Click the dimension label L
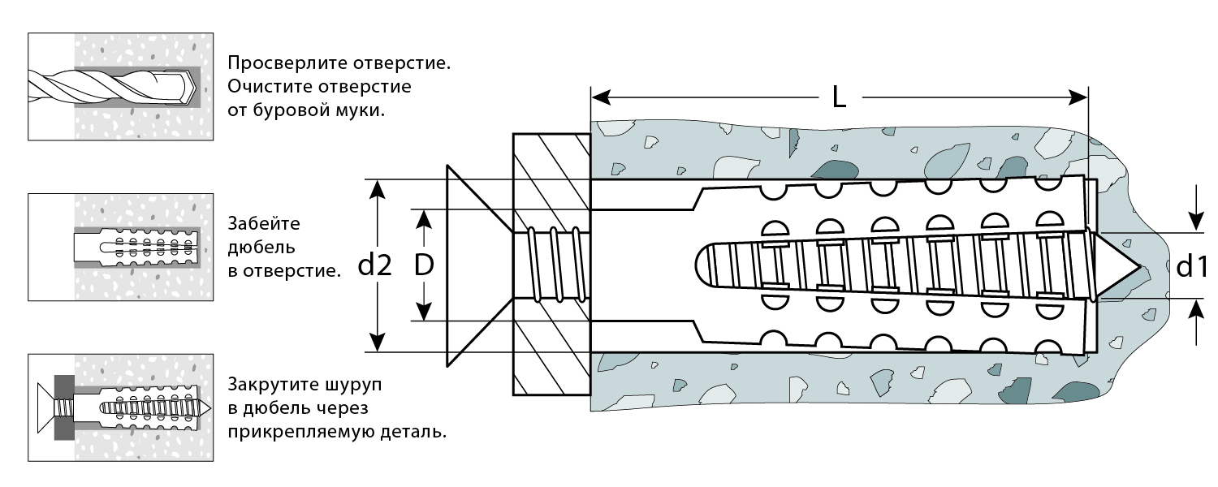pos(839,98)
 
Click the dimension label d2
pos(374,265)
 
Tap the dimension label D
pos(422,265)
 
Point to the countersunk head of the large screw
pos(475,265)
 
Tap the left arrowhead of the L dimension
pos(600,98)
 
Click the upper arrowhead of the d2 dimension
pos(376,188)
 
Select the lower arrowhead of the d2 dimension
pos(376,343)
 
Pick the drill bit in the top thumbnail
pos(114,85)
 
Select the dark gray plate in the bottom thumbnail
pos(63,407)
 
